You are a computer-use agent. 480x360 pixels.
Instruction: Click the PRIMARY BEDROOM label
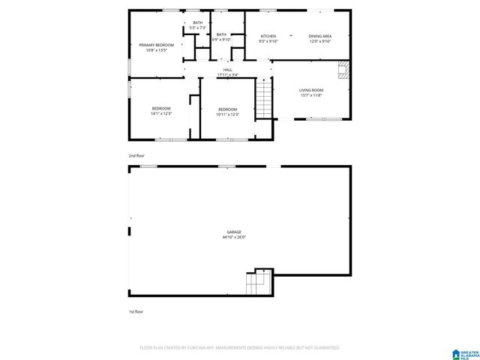pyautogui.click(x=156, y=45)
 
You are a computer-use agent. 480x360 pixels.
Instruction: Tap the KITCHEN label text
pyautogui.click(x=268, y=36)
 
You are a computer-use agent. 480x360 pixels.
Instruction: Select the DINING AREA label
pyautogui.click(x=320, y=36)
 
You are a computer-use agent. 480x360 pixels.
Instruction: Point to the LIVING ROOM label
pyautogui.click(x=310, y=90)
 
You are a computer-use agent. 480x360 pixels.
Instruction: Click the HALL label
pyautogui.click(x=227, y=70)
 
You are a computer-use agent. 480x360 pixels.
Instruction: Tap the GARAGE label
pyautogui.click(x=234, y=232)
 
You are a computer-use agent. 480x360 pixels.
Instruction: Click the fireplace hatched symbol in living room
pyautogui.click(x=343, y=70)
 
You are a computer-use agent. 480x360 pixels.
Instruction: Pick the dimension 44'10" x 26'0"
pyautogui.click(x=234, y=237)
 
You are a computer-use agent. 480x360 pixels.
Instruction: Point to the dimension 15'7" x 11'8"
pyautogui.click(x=310, y=95)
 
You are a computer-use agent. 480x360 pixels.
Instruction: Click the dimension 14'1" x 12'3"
pyautogui.click(x=161, y=114)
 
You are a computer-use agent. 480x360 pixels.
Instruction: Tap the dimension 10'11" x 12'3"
pyautogui.click(x=227, y=114)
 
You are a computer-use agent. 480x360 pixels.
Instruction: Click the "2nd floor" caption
pyautogui.click(x=136, y=155)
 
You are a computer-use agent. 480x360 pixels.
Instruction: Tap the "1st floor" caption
pyautogui.click(x=136, y=310)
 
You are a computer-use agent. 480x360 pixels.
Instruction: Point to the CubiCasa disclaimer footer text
pyautogui.click(x=239, y=348)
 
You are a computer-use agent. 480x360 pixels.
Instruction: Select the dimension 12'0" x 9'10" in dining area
pyautogui.click(x=320, y=41)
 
